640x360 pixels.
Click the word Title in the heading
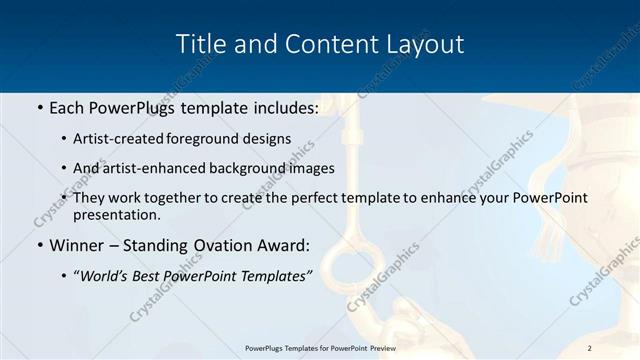point(198,44)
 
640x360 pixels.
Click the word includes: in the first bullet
point(283,107)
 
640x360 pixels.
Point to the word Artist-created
point(121,138)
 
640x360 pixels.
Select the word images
point(308,168)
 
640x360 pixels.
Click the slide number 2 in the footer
point(590,348)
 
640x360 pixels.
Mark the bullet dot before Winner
point(38,245)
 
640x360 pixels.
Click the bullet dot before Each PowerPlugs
point(38,107)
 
